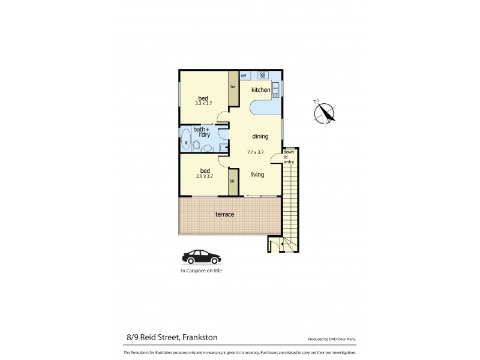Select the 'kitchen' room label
(260, 90)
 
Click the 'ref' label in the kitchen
(244, 76)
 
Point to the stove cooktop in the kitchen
(263, 76)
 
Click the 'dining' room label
(260, 136)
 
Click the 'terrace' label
(225, 214)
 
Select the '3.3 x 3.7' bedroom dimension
(205, 103)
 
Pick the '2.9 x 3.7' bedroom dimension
(205, 176)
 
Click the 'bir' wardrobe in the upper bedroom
(233, 88)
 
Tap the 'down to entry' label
(289, 157)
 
